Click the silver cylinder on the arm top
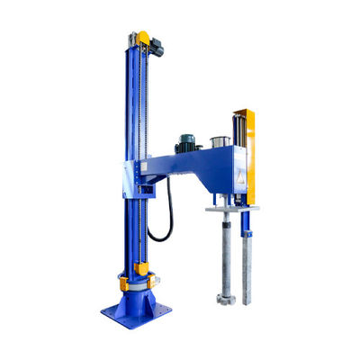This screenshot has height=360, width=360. [x=218, y=141]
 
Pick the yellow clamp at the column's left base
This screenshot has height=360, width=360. [x=123, y=283]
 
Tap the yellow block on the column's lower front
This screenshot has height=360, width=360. [x=141, y=267]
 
